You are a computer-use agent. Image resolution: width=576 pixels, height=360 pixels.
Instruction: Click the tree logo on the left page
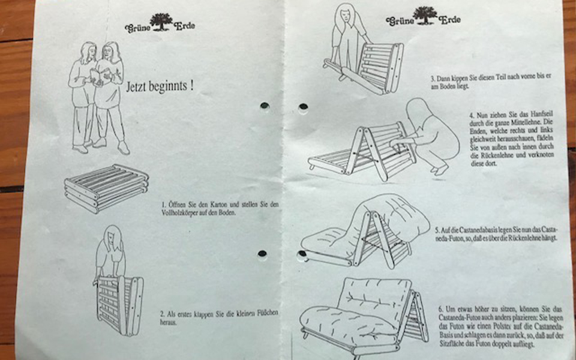(x=161, y=22)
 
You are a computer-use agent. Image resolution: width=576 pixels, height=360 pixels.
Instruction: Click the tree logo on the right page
(x=425, y=16)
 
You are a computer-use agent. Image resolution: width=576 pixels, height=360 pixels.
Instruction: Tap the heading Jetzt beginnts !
(x=160, y=86)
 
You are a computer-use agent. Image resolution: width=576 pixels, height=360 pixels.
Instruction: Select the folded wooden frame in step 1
(x=106, y=188)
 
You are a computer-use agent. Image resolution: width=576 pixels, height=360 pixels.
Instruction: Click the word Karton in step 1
(x=220, y=204)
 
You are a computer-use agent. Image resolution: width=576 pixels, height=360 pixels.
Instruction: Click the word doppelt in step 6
(x=500, y=344)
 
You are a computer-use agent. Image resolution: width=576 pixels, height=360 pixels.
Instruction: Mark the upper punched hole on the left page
(x=265, y=106)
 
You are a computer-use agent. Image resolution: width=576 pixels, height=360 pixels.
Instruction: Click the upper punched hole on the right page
(x=303, y=107)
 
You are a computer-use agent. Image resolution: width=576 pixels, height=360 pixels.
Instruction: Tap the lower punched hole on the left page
(x=262, y=253)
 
